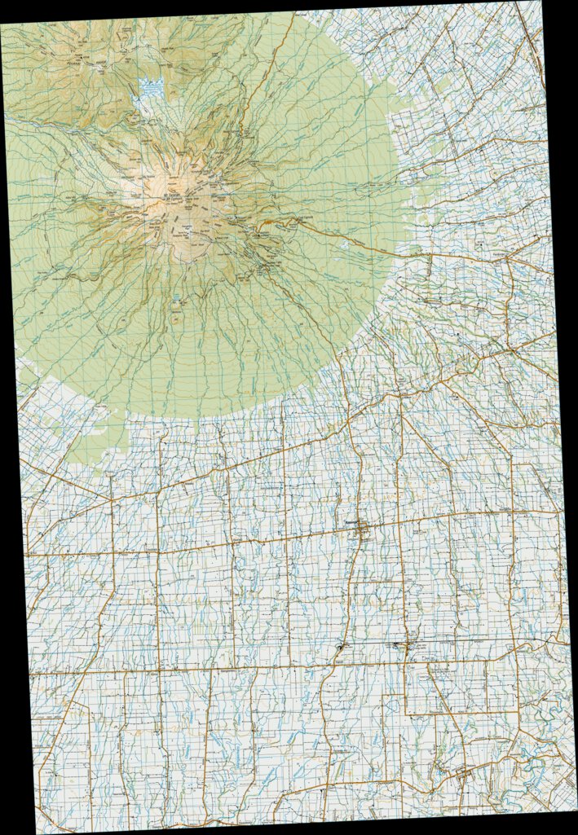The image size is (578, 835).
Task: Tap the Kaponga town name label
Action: coord(351,523)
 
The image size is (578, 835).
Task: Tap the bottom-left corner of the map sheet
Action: coord(38,833)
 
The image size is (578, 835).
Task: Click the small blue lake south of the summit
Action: coord(176,299)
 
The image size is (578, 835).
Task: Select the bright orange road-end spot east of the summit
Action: coord(265,222)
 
